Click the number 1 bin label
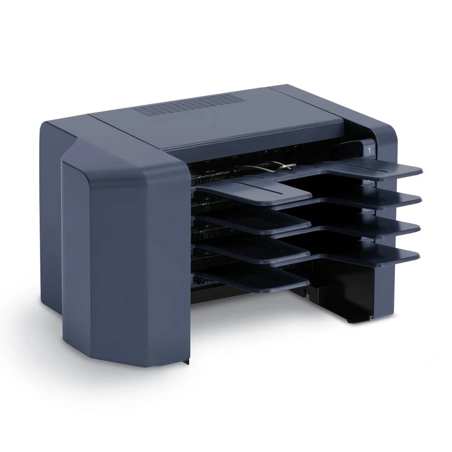pyautogui.click(x=369, y=150)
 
